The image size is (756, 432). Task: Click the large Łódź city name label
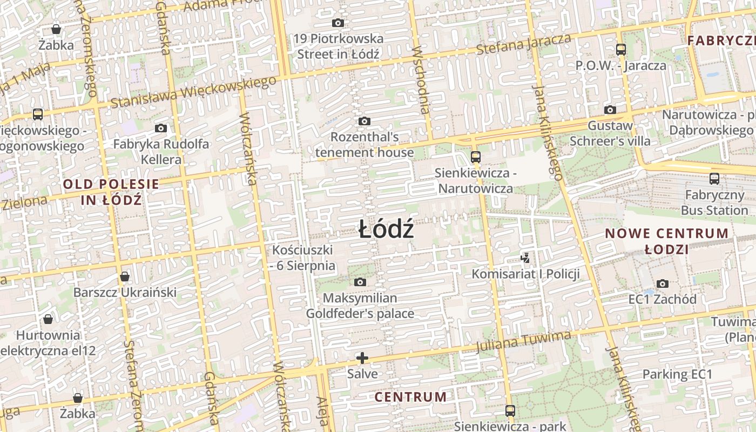(x=387, y=231)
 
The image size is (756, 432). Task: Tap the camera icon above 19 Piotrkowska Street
(x=338, y=23)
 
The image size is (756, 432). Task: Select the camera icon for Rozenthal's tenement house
(x=364, y=122)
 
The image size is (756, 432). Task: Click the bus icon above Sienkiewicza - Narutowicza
(x=475, y=157)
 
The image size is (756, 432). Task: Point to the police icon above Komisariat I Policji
(x=525, y=258)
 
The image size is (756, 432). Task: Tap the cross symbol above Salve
(x=362, y=357)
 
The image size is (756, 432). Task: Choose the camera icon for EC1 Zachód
(x=662, y=283)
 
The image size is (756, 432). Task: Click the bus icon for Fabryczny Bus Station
(x=714, y=179)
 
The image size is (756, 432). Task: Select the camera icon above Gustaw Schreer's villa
(x=610, y=110)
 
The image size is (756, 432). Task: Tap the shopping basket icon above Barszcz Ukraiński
(x=125, y=276)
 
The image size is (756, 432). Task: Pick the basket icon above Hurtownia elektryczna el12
(x=48, y=319)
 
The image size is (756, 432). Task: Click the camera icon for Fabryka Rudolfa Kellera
(x=160, y=129)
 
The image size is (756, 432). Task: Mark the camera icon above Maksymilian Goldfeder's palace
(x=360, y=282)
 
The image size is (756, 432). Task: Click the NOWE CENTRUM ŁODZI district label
(x=666, y=241)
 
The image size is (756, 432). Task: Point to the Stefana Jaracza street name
(x=523, y=44)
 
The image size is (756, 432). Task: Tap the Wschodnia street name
(x=421, y=79)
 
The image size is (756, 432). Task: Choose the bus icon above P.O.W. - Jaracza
(x=621, y=50)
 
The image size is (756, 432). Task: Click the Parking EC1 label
(x=677, y=374)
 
